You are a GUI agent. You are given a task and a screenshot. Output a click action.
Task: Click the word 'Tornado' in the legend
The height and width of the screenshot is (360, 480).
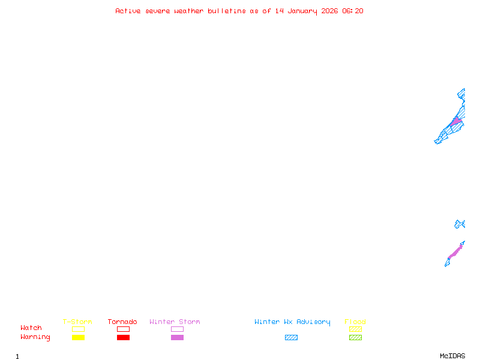(122, 322)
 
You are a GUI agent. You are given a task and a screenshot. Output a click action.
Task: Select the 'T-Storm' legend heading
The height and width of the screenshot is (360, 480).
(77, 322)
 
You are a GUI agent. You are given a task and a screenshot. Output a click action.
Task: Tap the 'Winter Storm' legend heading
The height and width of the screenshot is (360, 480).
(175, 322)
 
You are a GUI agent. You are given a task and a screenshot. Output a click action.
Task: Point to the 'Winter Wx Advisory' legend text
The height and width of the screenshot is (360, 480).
(292, 322)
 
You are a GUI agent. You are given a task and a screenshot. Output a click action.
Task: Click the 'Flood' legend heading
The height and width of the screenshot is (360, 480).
(355, 322)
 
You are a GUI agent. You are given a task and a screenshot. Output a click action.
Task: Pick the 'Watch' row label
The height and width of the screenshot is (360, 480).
(31, 328)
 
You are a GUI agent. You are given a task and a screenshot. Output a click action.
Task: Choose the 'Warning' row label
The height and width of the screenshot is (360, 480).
(35, 337)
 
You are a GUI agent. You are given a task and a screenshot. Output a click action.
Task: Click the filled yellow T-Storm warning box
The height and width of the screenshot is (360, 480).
(79, 338)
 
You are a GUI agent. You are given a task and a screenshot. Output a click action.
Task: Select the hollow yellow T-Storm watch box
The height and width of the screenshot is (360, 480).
(79, 329)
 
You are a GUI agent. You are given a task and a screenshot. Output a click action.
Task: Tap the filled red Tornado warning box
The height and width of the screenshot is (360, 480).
(124, 338)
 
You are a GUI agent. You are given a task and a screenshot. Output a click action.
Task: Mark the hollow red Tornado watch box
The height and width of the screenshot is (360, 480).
(124, 329)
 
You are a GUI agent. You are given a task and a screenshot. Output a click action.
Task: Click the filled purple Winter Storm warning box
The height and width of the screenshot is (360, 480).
(177, 338)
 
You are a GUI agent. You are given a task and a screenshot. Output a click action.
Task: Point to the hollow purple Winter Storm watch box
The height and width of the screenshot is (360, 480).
(177, 329)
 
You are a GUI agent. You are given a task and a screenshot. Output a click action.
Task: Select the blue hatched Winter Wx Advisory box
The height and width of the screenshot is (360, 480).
(291, 338)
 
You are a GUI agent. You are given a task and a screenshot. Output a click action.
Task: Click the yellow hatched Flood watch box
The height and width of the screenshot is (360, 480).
(355, 329)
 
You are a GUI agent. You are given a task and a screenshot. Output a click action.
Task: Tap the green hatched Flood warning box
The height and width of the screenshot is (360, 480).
(355, 338)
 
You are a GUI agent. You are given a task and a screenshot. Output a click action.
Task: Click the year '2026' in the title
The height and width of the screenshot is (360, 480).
(329, 11)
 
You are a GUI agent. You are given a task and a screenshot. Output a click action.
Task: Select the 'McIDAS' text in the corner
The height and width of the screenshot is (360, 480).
(452, 356)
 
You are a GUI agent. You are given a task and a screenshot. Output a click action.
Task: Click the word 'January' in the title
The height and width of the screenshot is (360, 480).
(302, 11)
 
